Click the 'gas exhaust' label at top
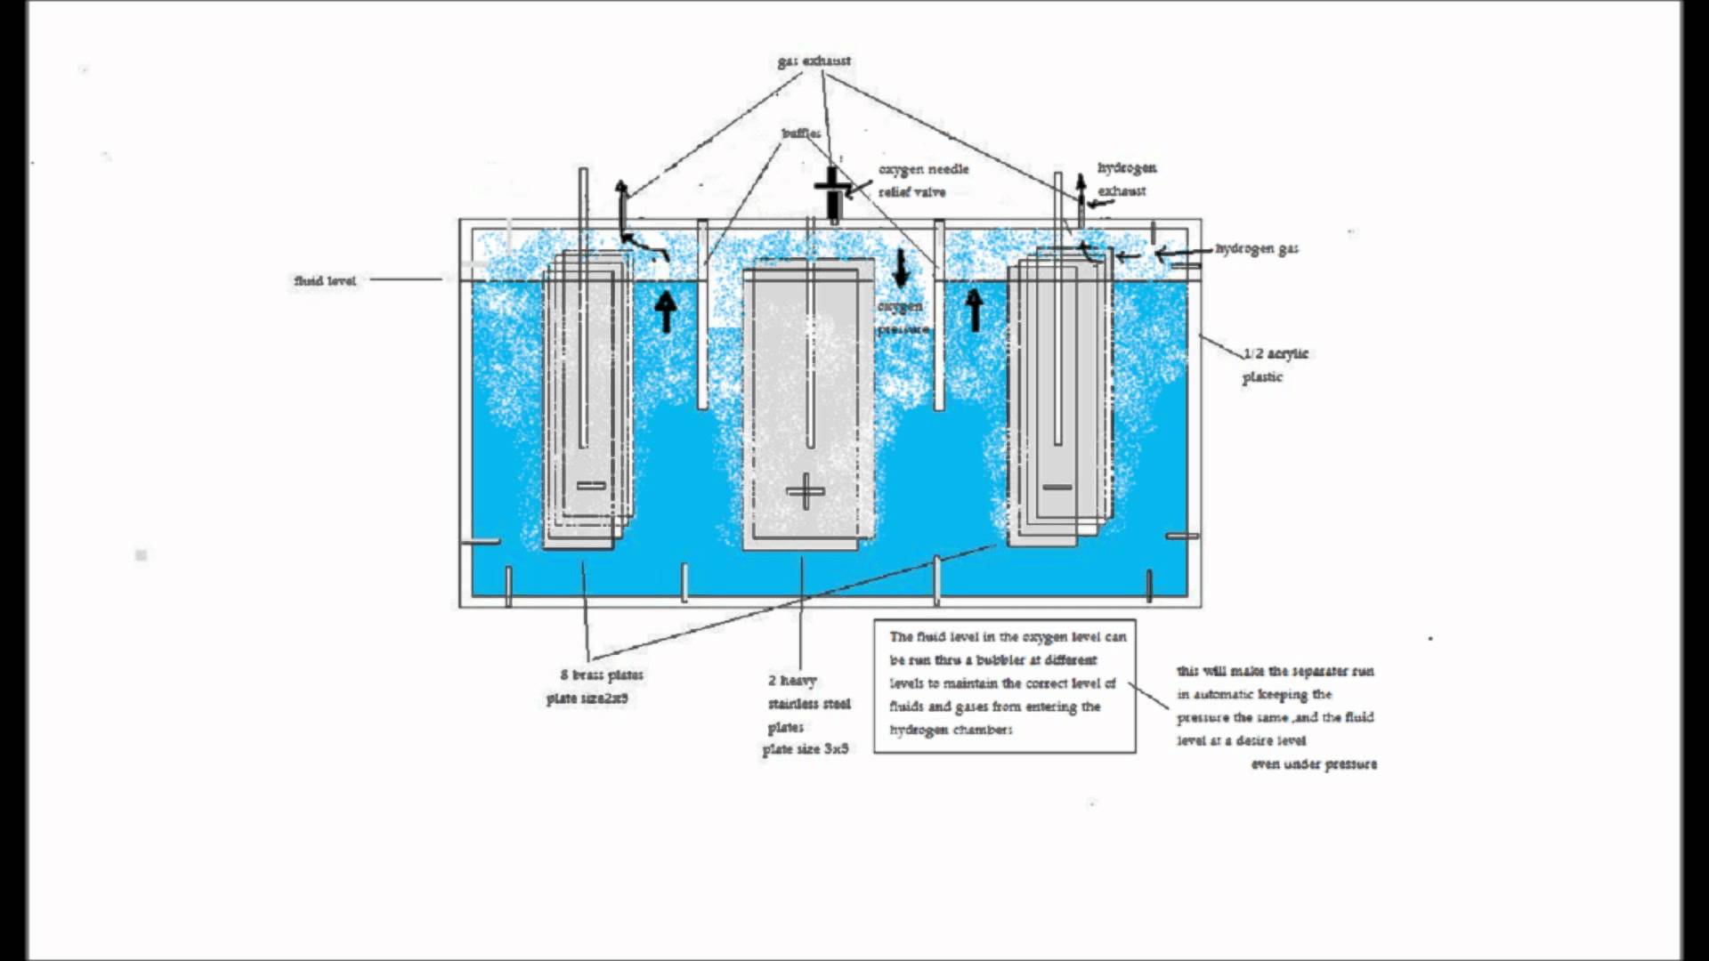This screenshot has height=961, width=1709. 814,61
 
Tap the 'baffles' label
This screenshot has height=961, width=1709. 801,133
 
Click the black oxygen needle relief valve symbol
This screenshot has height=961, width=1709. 833,193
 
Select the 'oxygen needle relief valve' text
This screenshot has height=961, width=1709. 922,181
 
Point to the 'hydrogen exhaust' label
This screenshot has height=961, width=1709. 1126,179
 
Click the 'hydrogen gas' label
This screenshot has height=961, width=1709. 1257,249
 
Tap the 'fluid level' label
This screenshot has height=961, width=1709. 325,281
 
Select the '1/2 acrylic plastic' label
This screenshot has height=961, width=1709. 1274,365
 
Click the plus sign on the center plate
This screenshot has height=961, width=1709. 806,491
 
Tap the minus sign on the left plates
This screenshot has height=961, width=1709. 591,486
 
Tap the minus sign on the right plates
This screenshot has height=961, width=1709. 1057,487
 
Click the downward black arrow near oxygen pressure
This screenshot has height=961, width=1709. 901,268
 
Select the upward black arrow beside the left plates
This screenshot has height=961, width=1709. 665,311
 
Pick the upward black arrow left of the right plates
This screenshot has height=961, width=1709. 975,311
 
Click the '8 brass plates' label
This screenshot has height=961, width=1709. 602,675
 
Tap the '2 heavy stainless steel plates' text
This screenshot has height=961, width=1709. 808,704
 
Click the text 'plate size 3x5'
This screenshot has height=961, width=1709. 806,749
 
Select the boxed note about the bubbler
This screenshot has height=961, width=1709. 1004,684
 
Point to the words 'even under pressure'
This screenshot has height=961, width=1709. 1314,764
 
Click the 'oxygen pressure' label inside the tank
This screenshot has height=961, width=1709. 902,318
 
